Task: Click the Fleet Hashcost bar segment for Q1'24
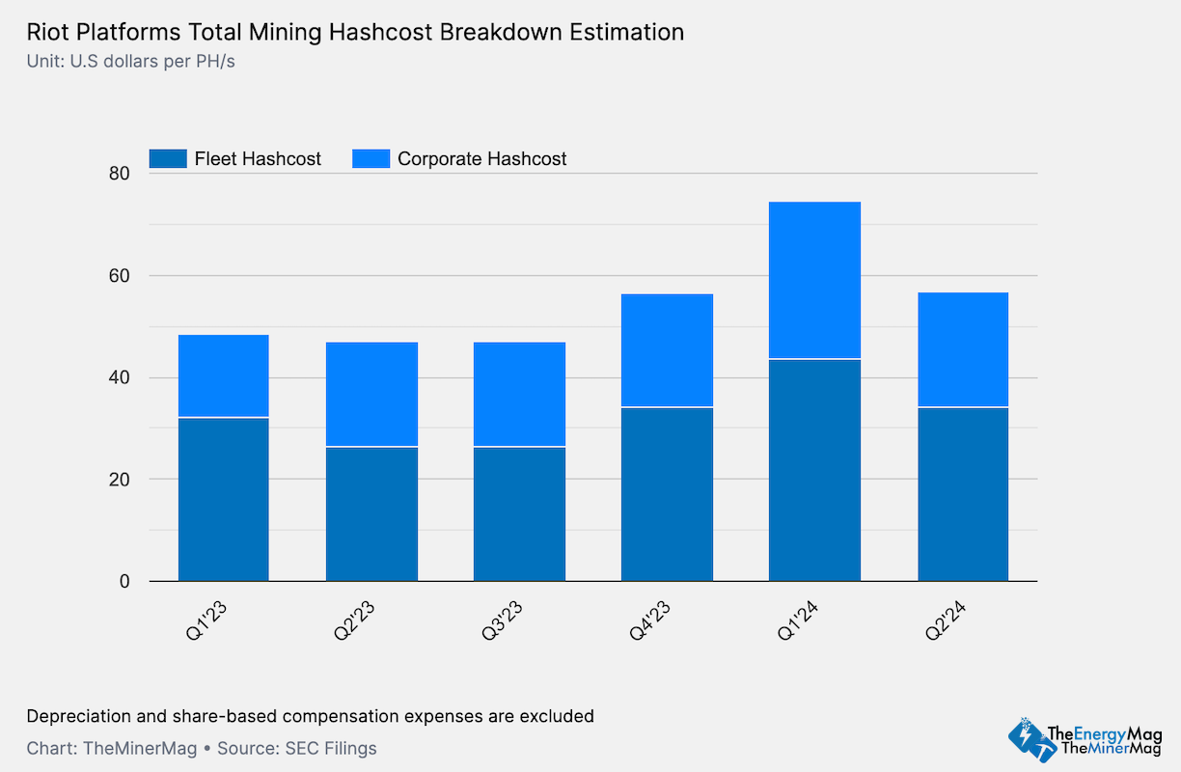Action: click(x=814, y=470)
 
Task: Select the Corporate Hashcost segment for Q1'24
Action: click(x=814, y=280)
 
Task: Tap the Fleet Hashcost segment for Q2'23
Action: click(x=371, y=513)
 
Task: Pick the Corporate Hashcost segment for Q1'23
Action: click(x=223, y=375)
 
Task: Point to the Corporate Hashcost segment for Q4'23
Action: click(x=667, y=350)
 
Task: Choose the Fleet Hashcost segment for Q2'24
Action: click(x=962, y=494)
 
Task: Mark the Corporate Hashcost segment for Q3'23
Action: click(x=519, y=394)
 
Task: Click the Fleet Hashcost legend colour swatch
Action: click(x=167, y=158)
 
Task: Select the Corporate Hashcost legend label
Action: click(x=481, y=158)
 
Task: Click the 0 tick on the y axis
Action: click(x=124, y=581)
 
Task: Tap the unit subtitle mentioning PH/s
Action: click(x=131, y=63)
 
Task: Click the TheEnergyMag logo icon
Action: click(x=1026, y=738)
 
